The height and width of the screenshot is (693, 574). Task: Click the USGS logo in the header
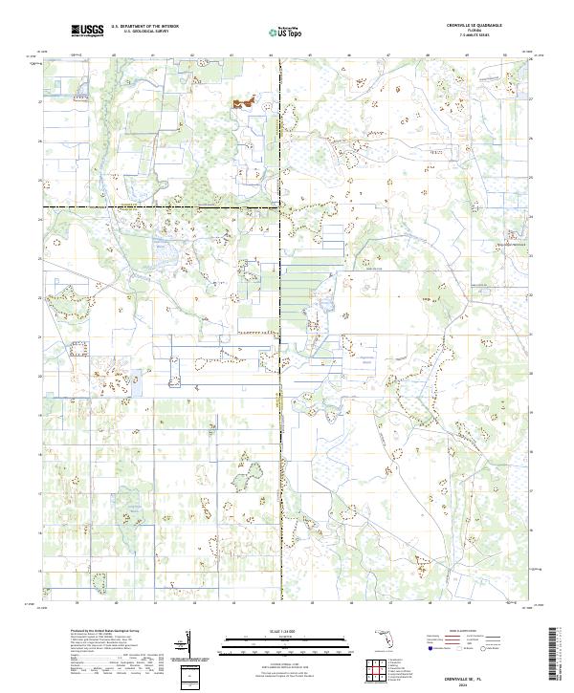(87, 31)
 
